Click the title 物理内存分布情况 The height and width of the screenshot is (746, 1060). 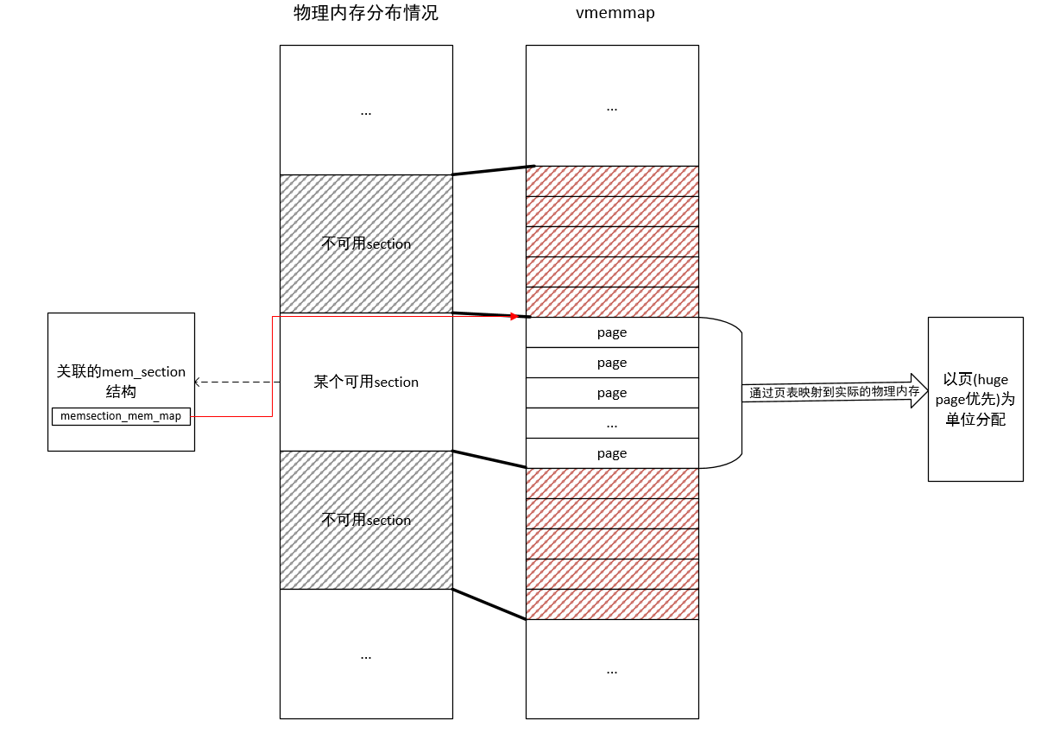366,14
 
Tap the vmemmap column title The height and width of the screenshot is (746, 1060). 612,14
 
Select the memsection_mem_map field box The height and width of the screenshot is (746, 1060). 121,416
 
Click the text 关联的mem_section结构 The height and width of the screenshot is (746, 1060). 121,381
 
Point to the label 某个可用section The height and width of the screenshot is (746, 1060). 366,382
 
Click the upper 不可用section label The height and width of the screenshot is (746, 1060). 366,243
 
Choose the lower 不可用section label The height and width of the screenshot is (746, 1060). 366,520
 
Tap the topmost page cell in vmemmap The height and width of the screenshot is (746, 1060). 612,332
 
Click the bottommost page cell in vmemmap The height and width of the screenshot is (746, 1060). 612,453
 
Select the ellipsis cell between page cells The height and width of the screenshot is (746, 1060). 612,423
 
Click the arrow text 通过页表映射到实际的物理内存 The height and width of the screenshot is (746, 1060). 834,392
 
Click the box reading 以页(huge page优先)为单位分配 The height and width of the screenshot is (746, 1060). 975,399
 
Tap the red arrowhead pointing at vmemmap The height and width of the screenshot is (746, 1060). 514,317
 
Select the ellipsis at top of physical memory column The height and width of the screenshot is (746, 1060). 366,111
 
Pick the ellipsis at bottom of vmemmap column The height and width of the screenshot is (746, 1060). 612,669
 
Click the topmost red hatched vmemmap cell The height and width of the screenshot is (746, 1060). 612,181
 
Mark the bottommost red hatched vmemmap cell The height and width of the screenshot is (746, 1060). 612,604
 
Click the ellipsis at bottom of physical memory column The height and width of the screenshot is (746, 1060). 366,655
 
